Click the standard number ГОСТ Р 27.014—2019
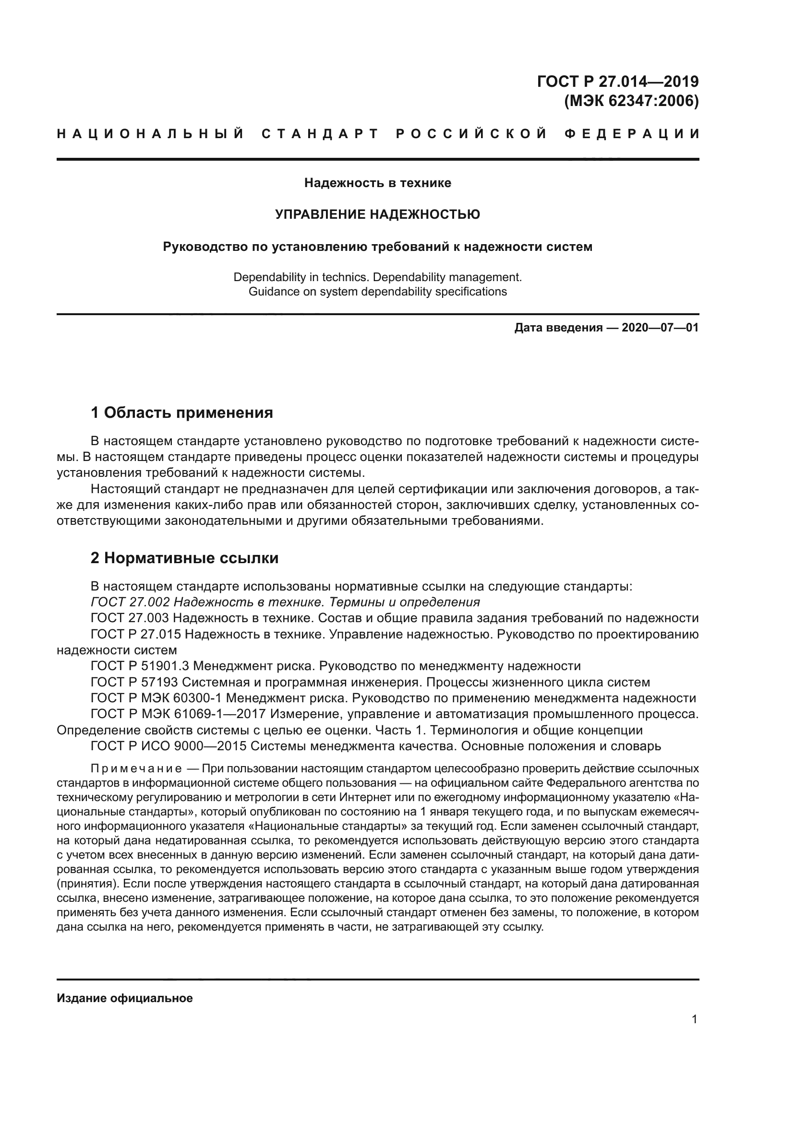click(617, 81)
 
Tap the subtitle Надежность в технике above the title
click(377, 183)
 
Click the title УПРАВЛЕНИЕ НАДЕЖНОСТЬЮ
click(377, 214)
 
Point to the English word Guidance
click(270, 292)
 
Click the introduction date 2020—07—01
click(660, 328)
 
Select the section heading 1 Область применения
click(181, 413)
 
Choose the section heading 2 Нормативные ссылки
click(184, 557)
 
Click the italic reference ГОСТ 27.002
click(130, 602)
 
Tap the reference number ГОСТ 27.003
click(130, 618)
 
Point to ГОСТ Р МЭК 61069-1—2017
click(178, 714)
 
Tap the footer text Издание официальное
click(125, 998)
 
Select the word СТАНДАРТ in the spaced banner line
click(320, 134)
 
